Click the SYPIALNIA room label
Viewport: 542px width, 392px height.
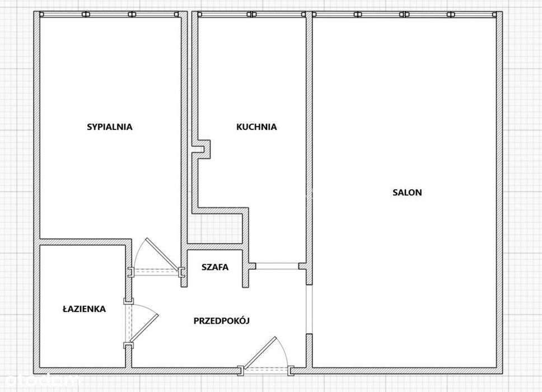[110, 127]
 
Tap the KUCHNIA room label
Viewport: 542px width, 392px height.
[256, 127]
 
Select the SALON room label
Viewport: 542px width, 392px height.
[407, 193]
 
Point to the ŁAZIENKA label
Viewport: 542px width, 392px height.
[84, 309]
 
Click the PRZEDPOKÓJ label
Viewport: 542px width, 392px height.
[222, 321]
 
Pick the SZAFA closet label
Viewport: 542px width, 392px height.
[215, 267]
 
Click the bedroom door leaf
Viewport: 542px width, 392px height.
[162, 254]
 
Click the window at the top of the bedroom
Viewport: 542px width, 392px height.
[109, 14]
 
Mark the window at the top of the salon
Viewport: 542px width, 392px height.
[404, 14]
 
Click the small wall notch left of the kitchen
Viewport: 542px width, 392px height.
[201, 150]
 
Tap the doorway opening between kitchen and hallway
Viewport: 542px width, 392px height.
[277, 266]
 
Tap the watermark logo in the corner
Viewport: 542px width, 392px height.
[39, 381]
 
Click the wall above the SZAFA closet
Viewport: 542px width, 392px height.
[214, 246]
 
